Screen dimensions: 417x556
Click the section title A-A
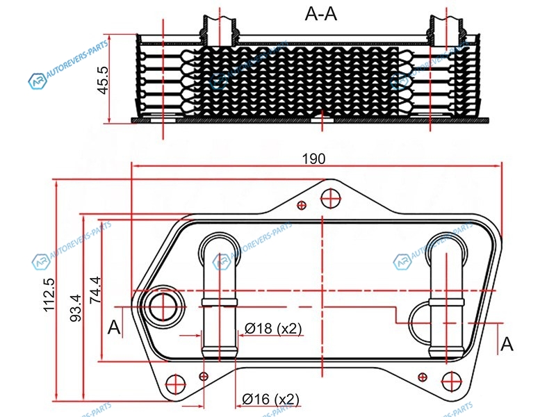tap(321, 14)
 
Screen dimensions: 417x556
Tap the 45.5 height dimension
tap(104, 81)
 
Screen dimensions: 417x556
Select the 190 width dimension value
tap(314, 158)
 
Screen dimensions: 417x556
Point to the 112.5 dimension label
tap(49, 295)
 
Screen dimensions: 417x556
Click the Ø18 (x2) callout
tap(272, 329)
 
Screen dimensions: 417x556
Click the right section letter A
tap(508, 343)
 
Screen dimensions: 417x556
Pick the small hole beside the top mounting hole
tap(301, 205)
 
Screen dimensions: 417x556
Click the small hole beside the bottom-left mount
tap(203, 376)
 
